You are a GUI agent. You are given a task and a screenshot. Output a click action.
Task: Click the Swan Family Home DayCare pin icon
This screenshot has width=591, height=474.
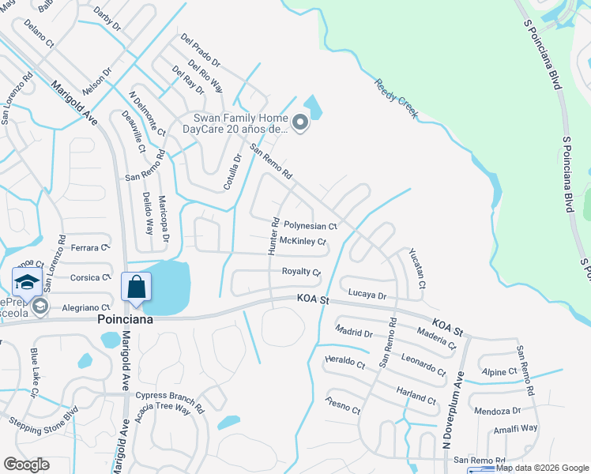click(x=299, y=122)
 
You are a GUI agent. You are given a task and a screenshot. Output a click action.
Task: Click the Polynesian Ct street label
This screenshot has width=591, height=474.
click(x=311, y=226)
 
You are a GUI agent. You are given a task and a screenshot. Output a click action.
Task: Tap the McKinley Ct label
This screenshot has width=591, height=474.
click(x=303, y=241)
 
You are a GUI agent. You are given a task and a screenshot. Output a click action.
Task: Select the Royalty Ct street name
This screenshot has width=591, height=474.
click(x=301, y=272)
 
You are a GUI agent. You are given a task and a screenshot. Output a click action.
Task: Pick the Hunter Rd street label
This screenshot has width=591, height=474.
click(x=273, y=236)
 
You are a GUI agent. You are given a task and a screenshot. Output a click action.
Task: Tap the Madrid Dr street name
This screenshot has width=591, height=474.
click(x=353, y=331)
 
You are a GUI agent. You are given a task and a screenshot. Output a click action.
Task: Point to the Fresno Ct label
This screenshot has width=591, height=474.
click(x=342, y=405)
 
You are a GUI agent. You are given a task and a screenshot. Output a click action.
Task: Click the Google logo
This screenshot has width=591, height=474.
click(x=26, y=465)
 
